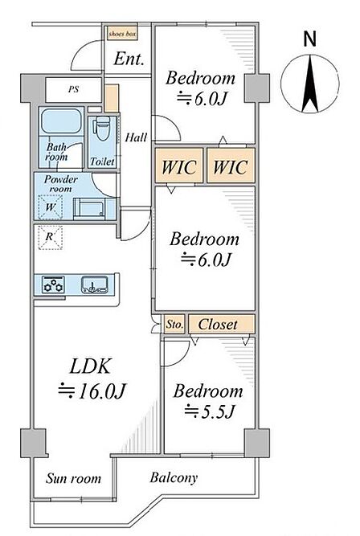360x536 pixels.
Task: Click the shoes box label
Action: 122,34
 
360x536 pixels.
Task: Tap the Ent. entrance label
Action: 129,59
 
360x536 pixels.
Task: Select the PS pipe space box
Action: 73,89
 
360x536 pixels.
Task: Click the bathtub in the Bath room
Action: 62,121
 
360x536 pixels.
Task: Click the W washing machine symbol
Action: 51,207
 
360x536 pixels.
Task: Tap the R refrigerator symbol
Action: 51,237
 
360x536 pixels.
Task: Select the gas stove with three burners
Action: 53,284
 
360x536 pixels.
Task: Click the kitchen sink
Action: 94,285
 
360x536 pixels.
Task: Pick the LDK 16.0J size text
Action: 92,391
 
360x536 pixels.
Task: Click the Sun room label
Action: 73,478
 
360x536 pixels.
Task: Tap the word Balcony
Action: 174,478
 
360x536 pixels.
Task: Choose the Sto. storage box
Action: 174,324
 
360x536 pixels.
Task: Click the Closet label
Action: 218,324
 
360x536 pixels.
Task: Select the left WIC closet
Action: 179,166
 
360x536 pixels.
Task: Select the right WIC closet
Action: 231,166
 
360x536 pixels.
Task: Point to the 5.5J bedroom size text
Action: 210,411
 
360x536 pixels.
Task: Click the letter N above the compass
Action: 310,39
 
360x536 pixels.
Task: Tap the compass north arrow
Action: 310,84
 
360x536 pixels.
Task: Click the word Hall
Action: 136,137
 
